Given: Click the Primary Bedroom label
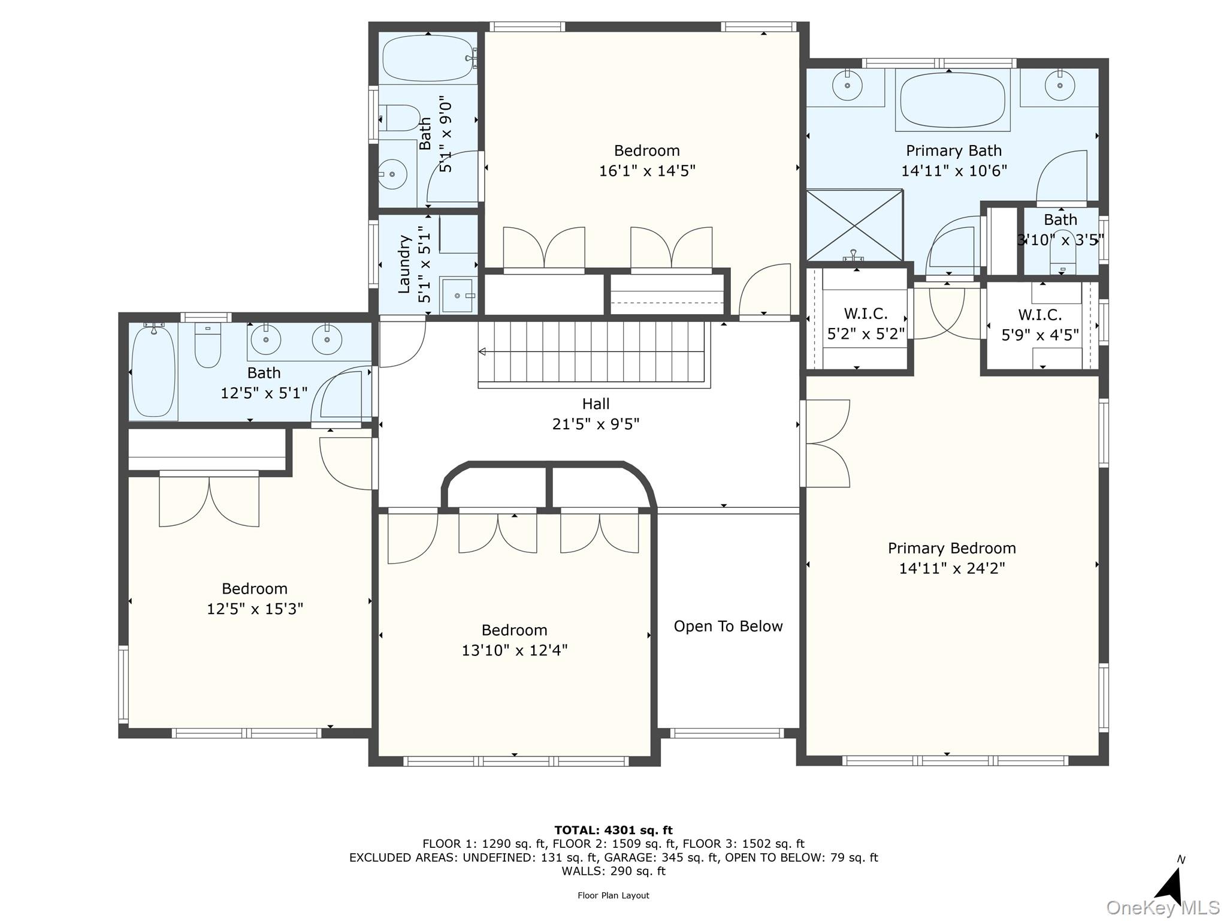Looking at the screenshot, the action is click(951, 548).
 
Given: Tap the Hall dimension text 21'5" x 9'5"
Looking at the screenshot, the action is click(596, 425).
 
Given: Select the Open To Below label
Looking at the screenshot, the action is click(728, 627).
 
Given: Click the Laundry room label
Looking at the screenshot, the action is click(404, 264).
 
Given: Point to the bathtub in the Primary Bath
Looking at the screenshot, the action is click(953, 100).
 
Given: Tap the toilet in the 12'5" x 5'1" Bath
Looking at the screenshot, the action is click(208, 346).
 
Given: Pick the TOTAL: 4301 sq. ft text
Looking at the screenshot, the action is click(613, 830).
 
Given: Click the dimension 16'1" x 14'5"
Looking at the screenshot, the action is click(647, 171).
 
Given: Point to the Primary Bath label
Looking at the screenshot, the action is click(954, 151).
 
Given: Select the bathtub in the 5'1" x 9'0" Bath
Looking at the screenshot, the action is click(427, 58).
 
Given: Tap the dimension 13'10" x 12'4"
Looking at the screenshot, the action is click(515, 651).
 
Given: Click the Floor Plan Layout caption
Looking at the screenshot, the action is click(613, 896).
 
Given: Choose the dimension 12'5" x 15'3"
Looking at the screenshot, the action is click(255, 609).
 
